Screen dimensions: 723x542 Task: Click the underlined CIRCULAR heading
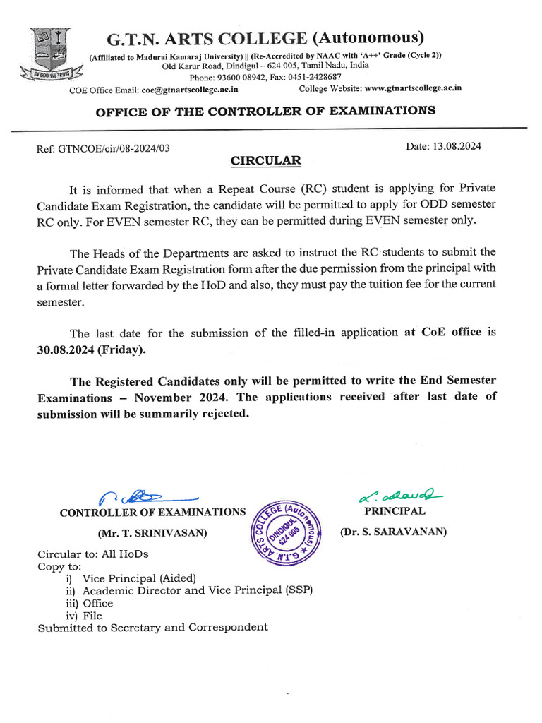coord(266,161)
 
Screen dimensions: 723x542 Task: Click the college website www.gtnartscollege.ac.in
coord(414,88)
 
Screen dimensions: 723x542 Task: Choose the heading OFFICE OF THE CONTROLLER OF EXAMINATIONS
coord(265,111)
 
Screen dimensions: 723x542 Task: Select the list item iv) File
coord(84,616)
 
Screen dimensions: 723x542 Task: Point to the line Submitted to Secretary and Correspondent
coord(152,628)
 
